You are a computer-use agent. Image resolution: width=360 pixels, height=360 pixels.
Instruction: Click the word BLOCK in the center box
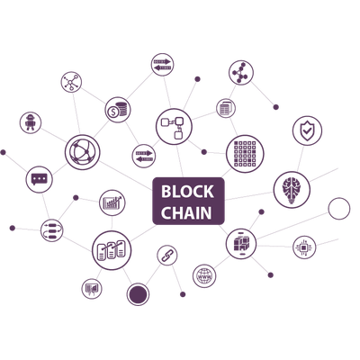point(187,192)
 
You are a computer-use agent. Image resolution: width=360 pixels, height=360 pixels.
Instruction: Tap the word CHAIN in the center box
point(186,212)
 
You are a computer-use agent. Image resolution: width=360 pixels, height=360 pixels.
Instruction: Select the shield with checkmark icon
point(307,130)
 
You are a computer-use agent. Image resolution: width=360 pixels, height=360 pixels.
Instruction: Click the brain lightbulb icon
point(292,190)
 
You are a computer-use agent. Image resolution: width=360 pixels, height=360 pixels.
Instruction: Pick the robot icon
point(31,122)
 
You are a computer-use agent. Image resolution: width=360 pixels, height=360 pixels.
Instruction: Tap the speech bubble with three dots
point(40,179)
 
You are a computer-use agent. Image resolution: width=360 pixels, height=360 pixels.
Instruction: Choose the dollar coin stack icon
point(118,110)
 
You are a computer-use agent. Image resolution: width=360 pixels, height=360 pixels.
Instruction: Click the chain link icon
point(167,255)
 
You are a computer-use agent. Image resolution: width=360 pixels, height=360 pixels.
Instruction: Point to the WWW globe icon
point(204,276)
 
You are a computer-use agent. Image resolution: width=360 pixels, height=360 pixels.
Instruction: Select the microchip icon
point(304,247)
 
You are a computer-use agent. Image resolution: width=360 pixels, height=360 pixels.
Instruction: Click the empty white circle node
point(339,209)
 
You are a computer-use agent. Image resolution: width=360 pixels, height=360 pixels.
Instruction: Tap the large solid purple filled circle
point(138,294)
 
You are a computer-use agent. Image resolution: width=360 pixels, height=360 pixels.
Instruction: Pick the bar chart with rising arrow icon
point(112,202)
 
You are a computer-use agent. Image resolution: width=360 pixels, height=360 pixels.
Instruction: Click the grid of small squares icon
point(245,154)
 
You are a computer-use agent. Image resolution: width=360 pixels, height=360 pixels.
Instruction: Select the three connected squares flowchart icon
point(174,127)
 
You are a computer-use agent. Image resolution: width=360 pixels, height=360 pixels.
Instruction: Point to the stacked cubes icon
point(241,244)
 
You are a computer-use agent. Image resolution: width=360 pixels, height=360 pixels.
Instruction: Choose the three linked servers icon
point(112,250)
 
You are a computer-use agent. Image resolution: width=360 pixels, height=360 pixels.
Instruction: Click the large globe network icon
point(82,152)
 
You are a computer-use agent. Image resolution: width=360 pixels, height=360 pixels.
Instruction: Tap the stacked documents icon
point(226,108)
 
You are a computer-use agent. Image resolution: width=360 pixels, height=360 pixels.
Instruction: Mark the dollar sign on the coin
point(113,112)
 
